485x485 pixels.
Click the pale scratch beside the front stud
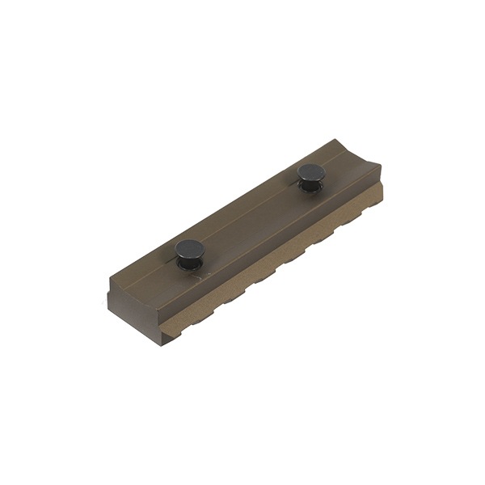coord(209,274)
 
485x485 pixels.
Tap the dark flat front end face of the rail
coord(137,311)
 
